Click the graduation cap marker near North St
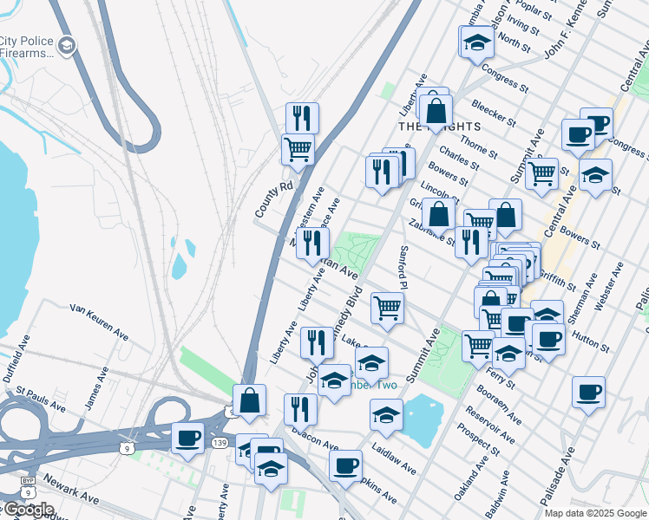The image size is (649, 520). (x=475, y=42)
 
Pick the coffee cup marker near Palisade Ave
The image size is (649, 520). (x=588, y=392)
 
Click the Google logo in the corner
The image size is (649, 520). (x=29, y=509)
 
